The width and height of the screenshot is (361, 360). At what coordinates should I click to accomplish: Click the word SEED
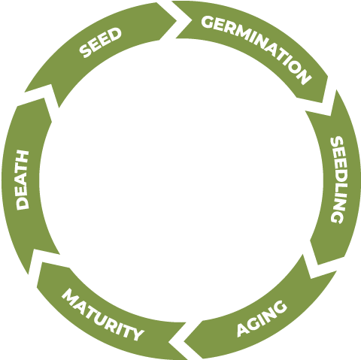100,43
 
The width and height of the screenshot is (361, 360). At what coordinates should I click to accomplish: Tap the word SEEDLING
337,180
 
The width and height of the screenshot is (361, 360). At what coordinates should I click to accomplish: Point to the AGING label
262,318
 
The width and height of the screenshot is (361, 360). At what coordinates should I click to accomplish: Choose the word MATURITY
103,315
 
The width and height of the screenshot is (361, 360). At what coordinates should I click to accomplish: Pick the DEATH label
23,180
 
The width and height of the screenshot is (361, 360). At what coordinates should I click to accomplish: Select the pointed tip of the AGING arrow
184,342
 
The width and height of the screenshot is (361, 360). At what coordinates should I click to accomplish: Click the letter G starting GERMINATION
208,22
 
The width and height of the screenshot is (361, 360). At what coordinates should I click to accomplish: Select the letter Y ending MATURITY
137,334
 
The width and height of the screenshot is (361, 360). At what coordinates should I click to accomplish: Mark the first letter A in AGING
242,330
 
